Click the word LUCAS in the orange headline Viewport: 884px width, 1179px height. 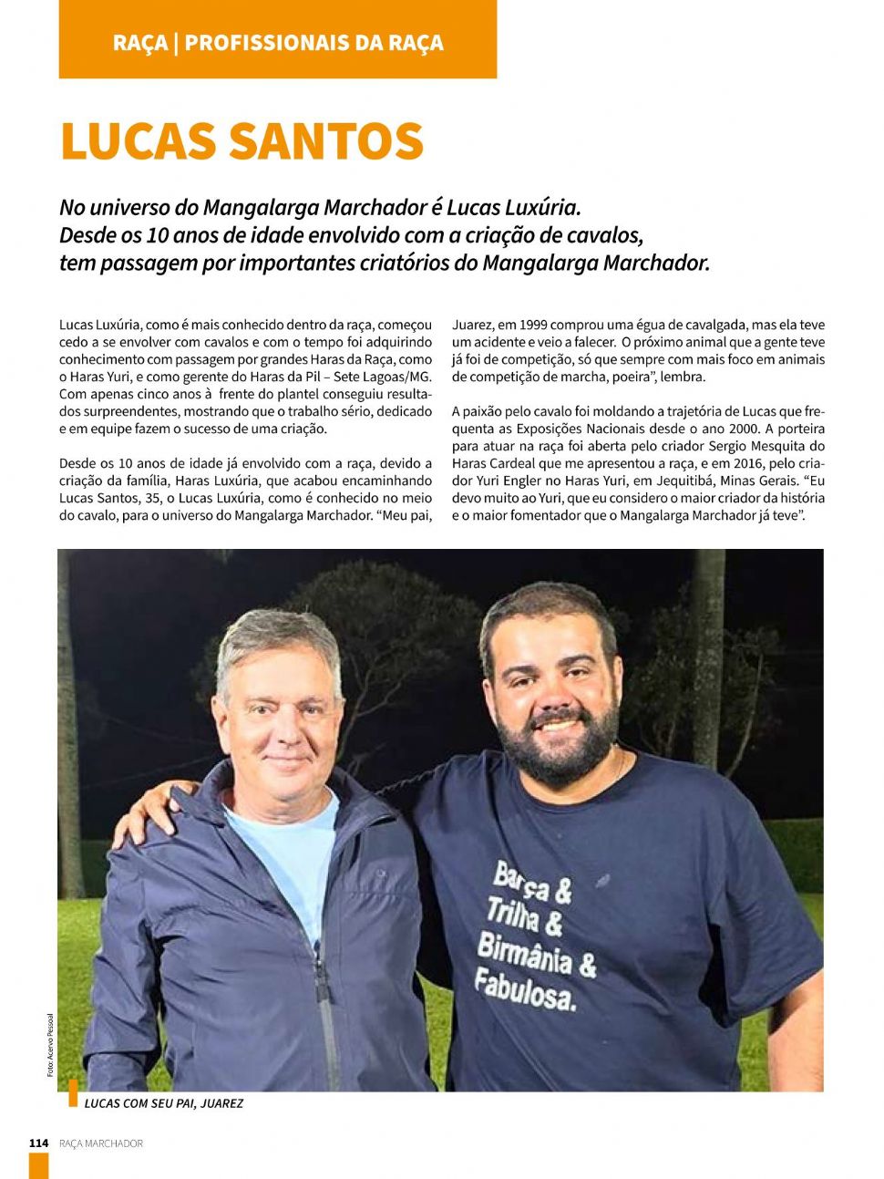(x=137, y=141)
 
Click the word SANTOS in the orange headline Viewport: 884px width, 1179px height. (x=325, y=141)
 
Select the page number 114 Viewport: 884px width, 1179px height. (x=38, y=1143)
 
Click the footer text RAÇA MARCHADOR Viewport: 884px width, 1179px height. (x=101, y=1143)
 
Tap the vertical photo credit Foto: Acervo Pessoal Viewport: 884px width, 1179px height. (x=51, y=1045)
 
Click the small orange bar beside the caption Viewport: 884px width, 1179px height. (x=73, y=1092)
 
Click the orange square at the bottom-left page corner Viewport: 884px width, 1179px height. (x=38, y=1166)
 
